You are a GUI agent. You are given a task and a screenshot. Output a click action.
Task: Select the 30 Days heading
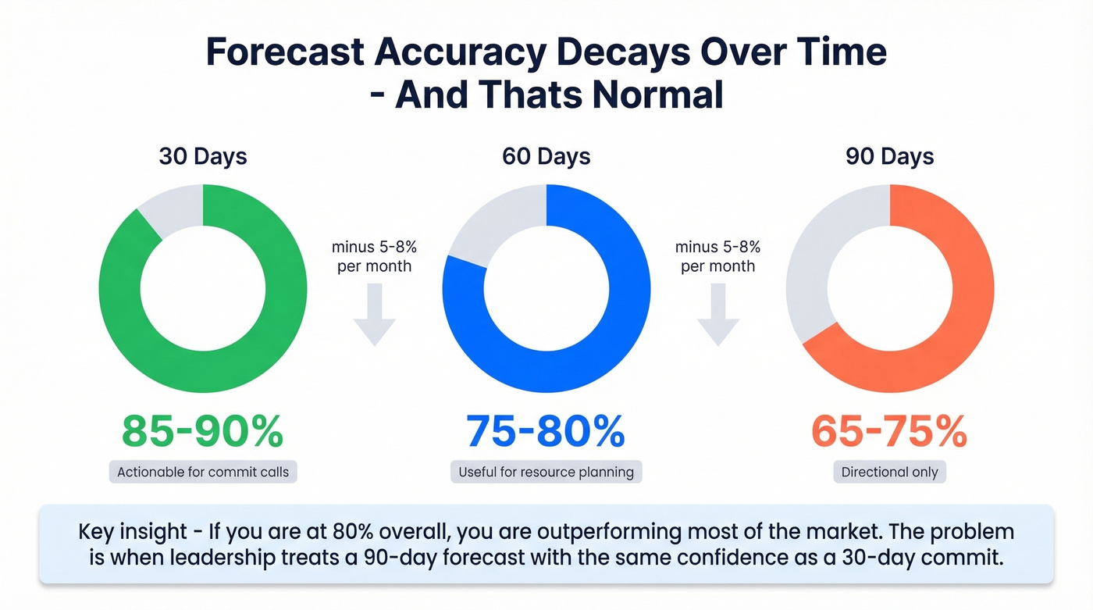203,156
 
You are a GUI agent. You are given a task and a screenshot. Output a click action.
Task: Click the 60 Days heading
546,156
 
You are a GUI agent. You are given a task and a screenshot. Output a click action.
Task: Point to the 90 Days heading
890,156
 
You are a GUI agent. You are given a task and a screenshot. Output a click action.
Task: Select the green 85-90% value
203,430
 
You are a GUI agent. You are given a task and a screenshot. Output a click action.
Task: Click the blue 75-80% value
546,430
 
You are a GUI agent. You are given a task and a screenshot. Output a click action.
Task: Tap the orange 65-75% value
889,430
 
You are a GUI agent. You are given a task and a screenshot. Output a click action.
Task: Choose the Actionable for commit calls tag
203,472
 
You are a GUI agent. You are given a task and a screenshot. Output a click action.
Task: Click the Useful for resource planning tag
546,472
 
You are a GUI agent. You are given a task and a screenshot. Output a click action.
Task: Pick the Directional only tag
890,472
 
